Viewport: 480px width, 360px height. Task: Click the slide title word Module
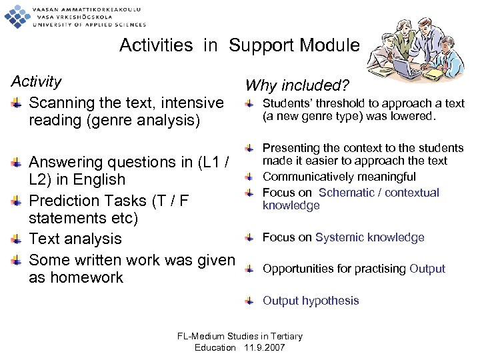pyautogui.click(x=329, y=45)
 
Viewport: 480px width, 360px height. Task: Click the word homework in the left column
pyautogui.click(x=76, y=277)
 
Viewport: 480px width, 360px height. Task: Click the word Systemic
pyautogui.click(x=337, y=237)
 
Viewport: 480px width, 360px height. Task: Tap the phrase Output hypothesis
pyautogui.click(x=311, y=301)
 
